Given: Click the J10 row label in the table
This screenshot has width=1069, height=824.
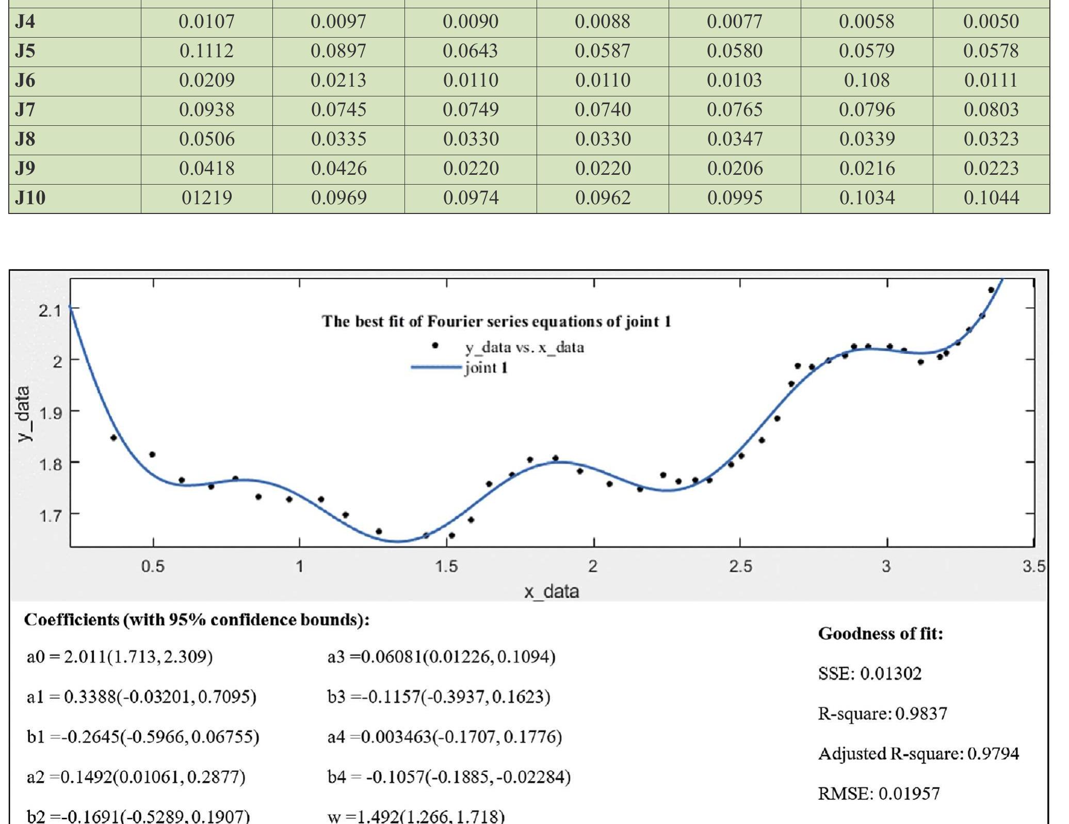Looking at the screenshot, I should pos(30,198).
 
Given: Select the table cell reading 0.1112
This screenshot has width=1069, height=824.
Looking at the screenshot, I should pos(206,51).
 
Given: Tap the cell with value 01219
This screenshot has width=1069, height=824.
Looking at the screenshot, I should pos(206,198).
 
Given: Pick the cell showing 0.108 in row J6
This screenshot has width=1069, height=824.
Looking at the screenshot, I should pos(866,80).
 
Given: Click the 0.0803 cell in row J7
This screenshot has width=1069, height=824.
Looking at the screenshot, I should pos(991,110).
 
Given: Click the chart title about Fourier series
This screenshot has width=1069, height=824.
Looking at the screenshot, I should pos(496,322).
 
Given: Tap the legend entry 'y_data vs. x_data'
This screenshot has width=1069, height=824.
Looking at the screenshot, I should pos(524,348).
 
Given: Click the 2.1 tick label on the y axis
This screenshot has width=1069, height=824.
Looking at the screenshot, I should pos(50,310).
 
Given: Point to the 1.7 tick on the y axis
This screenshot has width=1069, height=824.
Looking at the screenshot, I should pos(50,515).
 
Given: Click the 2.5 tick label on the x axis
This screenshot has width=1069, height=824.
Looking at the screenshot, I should pos(740,567).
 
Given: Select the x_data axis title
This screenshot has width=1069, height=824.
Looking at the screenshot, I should pos(551,591).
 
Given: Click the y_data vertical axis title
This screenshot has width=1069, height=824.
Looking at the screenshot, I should pos(24,413).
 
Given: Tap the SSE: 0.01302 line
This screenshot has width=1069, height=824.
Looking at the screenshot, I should pos(869,673).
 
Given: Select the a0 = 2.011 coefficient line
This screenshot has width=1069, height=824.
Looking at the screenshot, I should pos(120,657).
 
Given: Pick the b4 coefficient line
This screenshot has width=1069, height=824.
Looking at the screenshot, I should pos(449,777).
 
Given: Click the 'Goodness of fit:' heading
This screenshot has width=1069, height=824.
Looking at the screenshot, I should pos(880,633).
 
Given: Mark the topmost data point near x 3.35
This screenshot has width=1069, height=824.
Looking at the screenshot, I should pos(991,290).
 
